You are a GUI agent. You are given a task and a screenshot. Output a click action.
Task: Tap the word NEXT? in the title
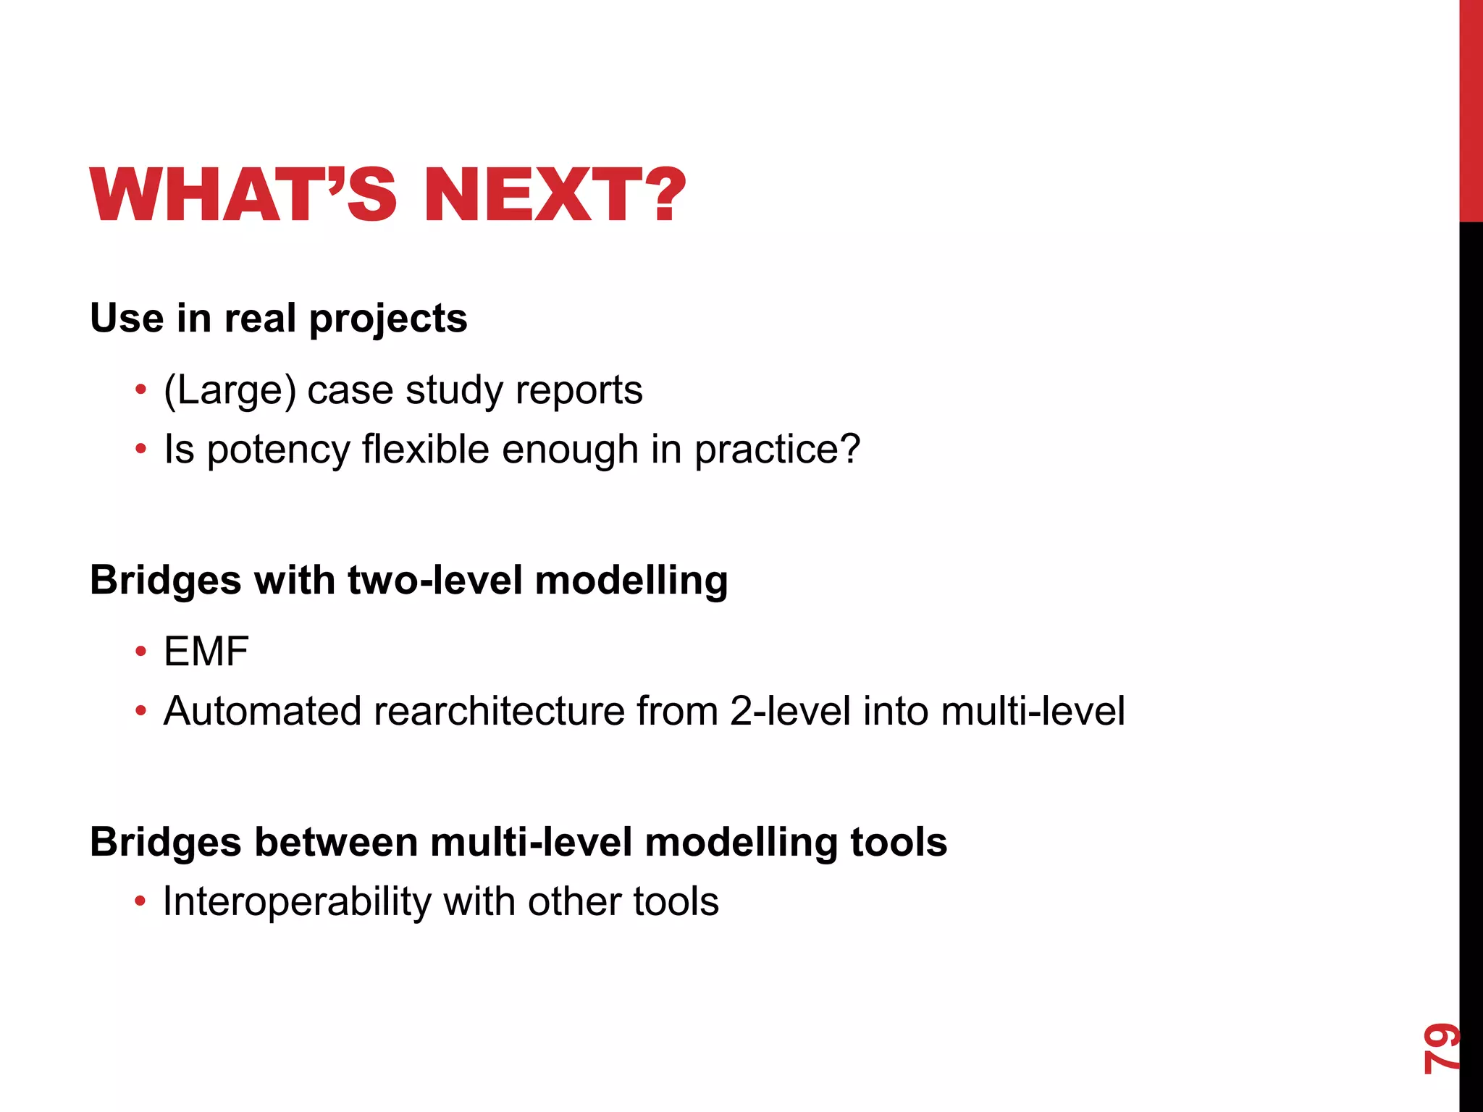[554, 195]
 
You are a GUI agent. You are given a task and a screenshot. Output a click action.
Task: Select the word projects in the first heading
[388, 319]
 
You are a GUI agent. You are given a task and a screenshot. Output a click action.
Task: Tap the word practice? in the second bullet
[777, 450]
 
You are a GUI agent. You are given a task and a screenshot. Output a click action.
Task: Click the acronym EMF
[206, 652]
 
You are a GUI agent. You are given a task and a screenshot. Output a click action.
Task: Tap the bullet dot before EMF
[140, 652]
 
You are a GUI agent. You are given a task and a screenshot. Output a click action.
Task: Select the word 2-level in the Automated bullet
[790, 711]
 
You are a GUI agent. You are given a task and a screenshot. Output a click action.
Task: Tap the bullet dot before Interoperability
[140, 903]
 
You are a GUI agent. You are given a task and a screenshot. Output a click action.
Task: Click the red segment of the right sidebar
[1471, 109]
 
